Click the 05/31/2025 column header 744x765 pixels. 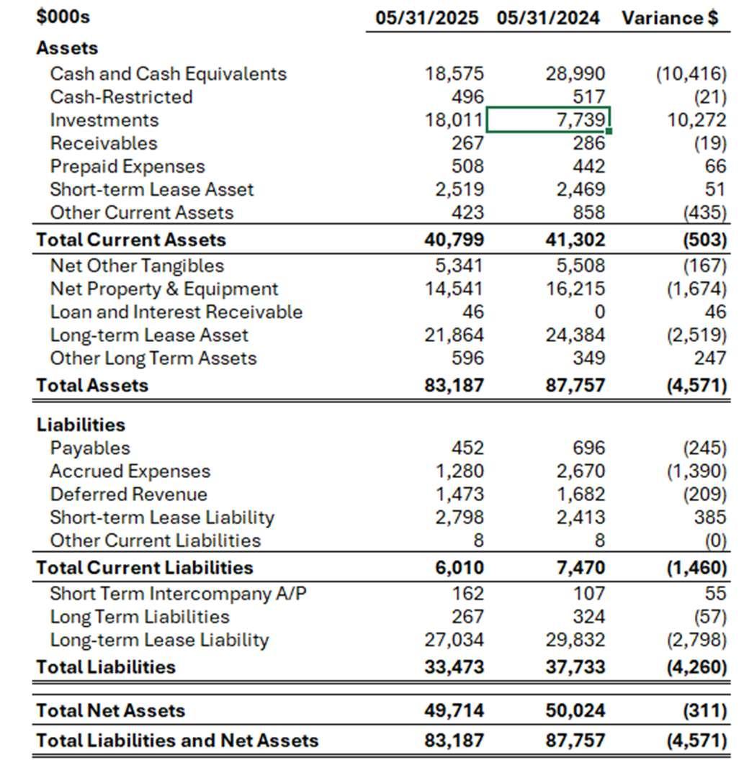426,18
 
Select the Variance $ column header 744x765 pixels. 670,18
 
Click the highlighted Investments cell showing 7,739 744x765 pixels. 549,120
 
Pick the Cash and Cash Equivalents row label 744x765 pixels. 168,74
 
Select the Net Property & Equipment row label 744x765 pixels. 163,289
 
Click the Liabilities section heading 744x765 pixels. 81,425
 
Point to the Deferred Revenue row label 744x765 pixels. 128,494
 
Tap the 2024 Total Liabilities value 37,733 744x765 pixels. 575,667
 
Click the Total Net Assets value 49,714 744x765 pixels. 454,711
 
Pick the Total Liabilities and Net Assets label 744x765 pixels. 177,741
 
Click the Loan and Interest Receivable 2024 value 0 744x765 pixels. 599,312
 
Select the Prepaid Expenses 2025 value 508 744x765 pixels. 467,166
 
